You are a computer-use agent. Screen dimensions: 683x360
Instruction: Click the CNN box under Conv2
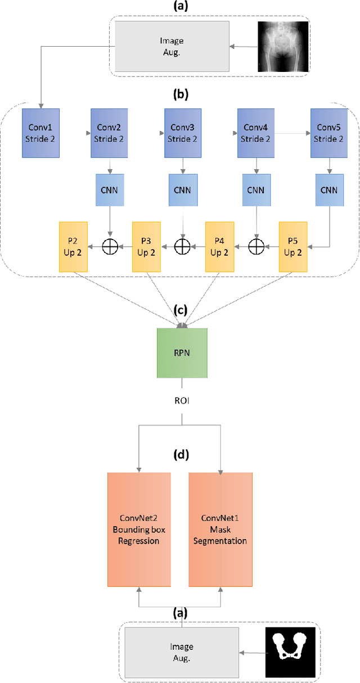[110, 189]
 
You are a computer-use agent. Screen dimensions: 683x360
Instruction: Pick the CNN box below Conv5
[329, 189]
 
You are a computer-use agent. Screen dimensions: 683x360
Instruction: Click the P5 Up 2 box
[293, 246]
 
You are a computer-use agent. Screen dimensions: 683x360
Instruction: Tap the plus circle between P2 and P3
[110, 246]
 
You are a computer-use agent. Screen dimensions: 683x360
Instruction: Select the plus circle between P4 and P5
[256, 246]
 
